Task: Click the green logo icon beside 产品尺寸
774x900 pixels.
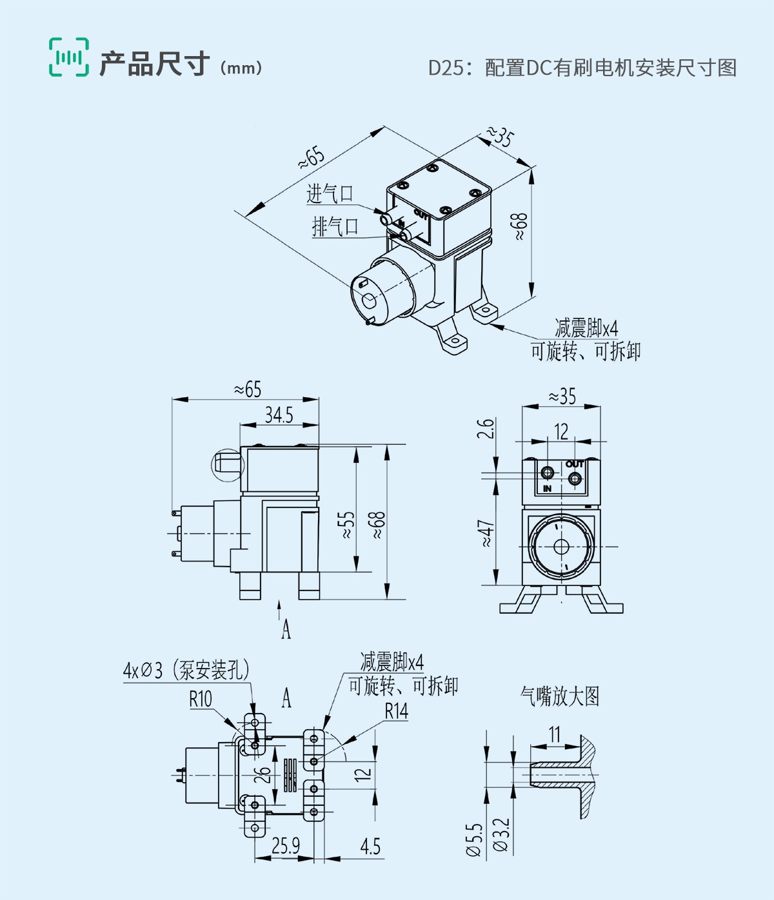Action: click(69, 57)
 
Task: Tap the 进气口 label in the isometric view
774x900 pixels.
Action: click(330, 193)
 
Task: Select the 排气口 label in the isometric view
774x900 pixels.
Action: click(335, 226)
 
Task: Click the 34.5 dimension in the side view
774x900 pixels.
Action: click(279, 415)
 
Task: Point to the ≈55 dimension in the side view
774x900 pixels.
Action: click(346, 525)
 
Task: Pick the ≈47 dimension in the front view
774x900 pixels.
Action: click(487, 533)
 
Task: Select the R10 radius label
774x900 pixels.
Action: click(200, 699)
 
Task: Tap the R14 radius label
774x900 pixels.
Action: click(397, 711)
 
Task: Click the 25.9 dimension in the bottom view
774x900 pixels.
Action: click(286, 845)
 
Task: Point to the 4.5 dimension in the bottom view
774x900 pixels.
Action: click(370, 846)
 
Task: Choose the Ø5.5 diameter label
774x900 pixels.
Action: click(474, 839)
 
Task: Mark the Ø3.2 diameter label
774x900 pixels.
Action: click(502, 836)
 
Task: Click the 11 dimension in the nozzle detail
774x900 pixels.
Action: click(555, 734)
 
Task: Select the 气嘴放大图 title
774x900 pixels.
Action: click(560, 696)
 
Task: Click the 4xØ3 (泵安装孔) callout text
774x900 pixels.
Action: click(186, 670)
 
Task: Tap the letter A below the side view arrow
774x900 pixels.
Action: click(286, 629)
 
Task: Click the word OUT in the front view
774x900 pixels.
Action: click(574, 464)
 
